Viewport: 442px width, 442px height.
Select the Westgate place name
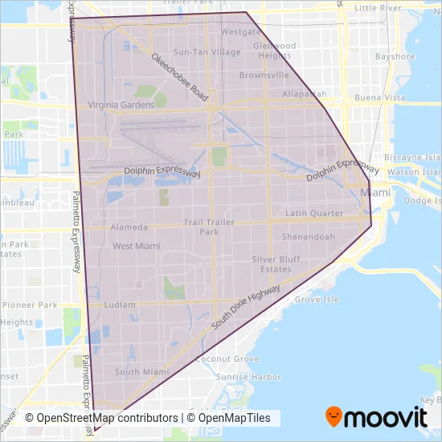point(240,32)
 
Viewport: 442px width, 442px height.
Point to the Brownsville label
point(264,75)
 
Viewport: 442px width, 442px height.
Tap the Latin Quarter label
point(314,213)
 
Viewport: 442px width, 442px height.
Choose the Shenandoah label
point(309,237)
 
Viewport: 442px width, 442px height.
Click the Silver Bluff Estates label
point(276,264)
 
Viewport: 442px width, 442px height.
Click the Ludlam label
point(120,305)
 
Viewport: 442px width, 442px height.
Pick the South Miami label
point(141,372)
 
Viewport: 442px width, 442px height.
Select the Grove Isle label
point(317,299)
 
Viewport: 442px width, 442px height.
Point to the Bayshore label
point(395,57)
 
